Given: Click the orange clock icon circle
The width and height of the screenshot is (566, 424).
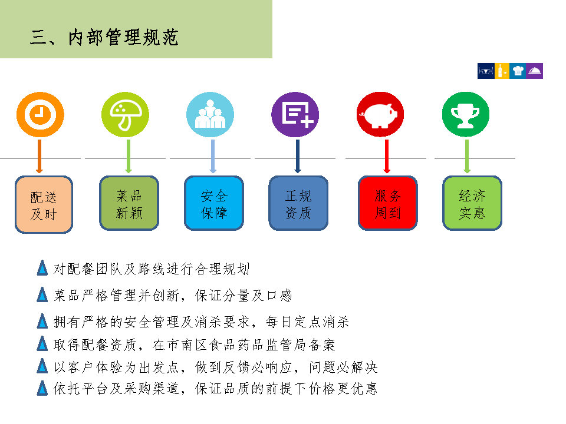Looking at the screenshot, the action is point(41,115).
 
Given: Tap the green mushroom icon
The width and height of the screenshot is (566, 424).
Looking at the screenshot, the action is point(125,115).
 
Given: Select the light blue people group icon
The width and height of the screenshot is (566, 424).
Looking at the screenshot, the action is point(210,115).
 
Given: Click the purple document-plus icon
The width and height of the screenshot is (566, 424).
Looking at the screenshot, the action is point(295,115).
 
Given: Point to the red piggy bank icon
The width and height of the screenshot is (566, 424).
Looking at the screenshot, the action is point(380,115).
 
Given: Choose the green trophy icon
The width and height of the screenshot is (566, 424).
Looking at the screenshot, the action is point(466,115).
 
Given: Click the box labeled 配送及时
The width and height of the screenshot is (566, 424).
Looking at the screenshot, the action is point(44,204).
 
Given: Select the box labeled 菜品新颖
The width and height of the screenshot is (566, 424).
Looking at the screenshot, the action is point(129,203).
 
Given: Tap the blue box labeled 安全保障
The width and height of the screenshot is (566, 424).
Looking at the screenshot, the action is point(214,203).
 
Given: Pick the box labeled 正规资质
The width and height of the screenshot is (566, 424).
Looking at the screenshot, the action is point(298,203).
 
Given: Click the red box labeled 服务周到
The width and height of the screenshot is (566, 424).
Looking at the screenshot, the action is point(388,203).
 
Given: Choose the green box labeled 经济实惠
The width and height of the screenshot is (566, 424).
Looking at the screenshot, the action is point(472,203).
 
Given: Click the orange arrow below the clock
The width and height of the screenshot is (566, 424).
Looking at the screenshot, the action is point(40,157).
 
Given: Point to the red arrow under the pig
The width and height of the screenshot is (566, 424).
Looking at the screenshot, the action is point(387,157).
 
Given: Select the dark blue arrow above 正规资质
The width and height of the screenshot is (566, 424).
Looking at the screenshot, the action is point(298,157).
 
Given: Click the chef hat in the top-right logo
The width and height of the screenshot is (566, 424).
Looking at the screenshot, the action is point(518,71).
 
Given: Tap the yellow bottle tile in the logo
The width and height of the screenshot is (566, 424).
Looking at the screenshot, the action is point(501,71).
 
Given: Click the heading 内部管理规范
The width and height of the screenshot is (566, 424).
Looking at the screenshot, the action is point(123,38).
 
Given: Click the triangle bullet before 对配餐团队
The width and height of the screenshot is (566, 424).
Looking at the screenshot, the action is point(42,268).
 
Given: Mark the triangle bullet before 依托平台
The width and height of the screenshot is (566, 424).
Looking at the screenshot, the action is point(42,388).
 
